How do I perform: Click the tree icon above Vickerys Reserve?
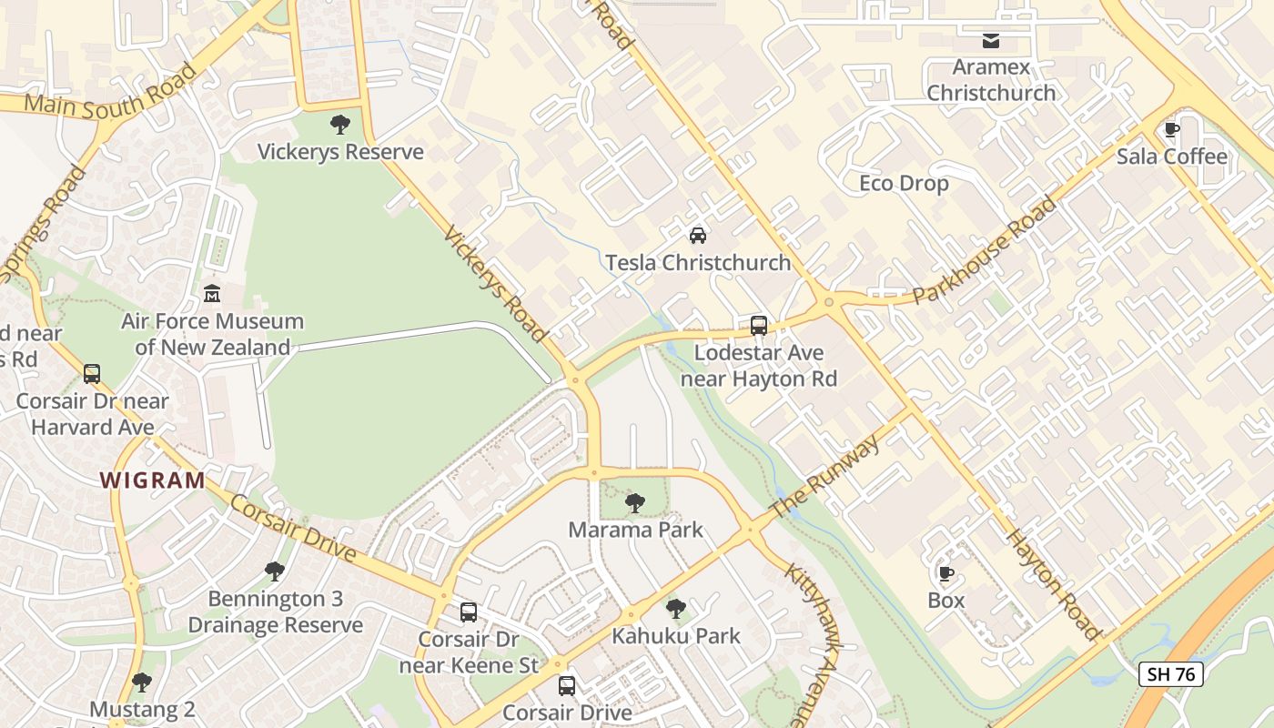(x=340, y=125)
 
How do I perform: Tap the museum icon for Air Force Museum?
(x=212, y=294)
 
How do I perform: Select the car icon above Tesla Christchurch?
(x=698, y=236)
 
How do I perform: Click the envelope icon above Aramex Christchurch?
(x=990, y=41)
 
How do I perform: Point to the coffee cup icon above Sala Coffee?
(x=1172, y=130)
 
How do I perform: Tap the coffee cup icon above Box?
(x=945, y=574)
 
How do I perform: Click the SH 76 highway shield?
(x=1171, y=674)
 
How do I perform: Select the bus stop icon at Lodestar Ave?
(x=758, y=325)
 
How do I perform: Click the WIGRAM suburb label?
(x=152, y=480)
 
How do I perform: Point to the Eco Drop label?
(x=904, y=184)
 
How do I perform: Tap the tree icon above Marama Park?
(x=635, y=502)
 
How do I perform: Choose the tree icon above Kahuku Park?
(x=675, y=609)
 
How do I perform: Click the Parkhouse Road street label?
(x=986, y=249)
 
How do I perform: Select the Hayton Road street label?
(x=1054, y=582)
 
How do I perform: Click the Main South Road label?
(x=109, y=92)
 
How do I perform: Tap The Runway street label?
(x=825, y=476)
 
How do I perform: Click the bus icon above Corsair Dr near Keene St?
(x=469, y=612)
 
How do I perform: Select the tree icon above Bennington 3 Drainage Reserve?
(x=274, y=571)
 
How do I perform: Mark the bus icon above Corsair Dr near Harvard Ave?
(x=92, y=373)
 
